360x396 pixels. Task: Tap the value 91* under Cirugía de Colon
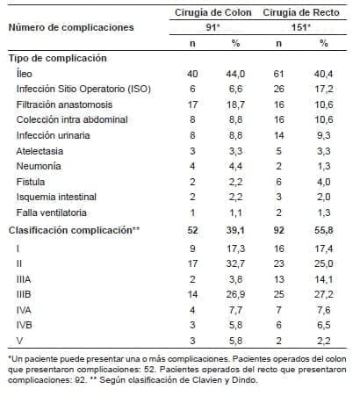[213, 26]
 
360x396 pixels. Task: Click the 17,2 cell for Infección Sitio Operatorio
[323, 90]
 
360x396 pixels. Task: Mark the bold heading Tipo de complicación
[58, 57]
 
